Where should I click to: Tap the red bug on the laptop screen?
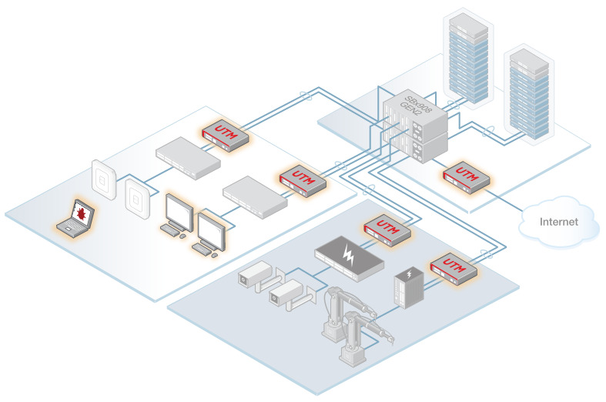79,209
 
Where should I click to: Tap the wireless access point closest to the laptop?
103,179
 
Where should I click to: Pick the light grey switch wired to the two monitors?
254,193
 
